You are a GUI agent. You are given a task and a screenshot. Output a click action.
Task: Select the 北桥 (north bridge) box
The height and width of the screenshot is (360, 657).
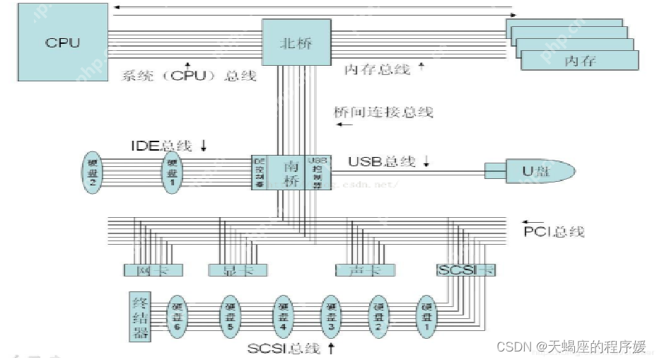tap(296, 43)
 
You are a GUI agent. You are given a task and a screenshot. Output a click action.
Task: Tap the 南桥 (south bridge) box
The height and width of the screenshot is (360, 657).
tap(291, 172)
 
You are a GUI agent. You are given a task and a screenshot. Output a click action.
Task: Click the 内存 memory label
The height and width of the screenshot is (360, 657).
tap(579, 61)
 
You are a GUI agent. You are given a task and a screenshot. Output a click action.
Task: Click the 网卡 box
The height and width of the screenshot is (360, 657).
tap(153, 269)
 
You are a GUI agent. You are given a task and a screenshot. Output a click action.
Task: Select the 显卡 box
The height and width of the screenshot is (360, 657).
tap(236, 269)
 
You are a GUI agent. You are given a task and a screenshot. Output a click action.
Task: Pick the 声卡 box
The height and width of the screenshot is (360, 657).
tap(365, 269)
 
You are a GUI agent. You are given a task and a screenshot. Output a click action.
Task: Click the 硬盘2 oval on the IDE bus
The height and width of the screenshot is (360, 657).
tap(92, 172)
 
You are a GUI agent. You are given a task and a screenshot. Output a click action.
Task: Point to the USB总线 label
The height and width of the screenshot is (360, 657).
tap(381, 161)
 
